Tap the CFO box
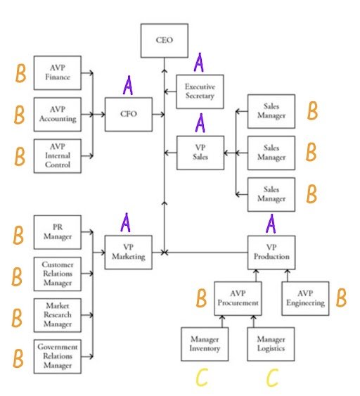click(129, 114)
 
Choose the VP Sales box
click(200, 153)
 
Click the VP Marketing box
click(129, 252)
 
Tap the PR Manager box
click(58, 232)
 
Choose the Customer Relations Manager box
click(58, 273)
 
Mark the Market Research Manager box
click(58, 314)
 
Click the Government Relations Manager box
click(58, 355)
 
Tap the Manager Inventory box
click(205, 344)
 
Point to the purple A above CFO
click(129, 86)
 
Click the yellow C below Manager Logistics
click(271, 378)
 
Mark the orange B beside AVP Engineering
click(341, 298)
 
